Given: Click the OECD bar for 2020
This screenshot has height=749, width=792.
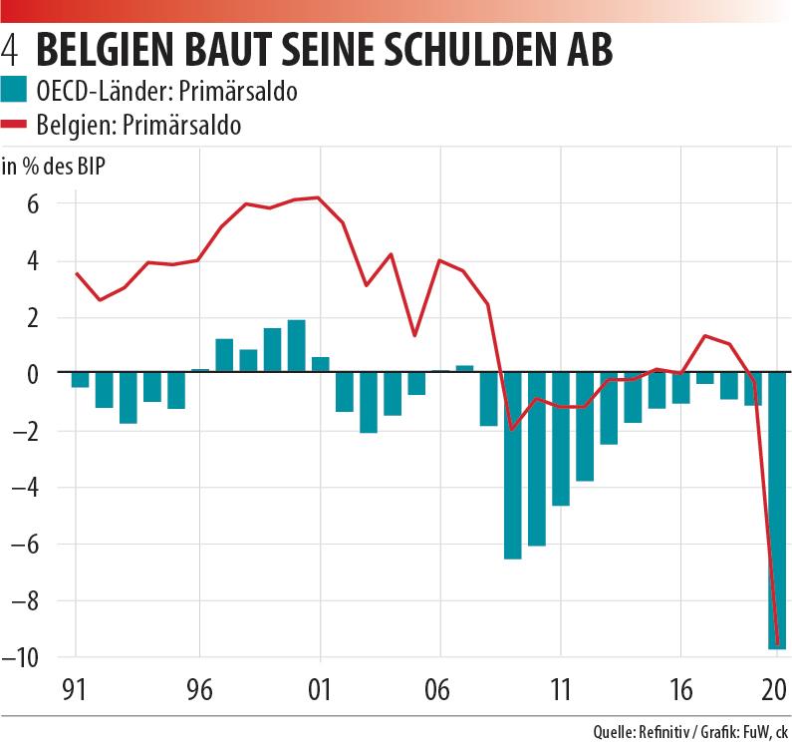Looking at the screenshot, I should click(777, 510).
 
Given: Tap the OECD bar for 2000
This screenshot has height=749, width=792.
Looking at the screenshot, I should click(296, 346).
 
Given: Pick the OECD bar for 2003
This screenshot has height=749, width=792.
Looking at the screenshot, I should click(369, 402).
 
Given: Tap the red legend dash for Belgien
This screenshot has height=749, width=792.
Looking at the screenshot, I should click(14, 125).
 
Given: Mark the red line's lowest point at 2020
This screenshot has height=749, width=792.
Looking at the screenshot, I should click(776, 644).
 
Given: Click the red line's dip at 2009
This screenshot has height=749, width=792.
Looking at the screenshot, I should click(512, 429).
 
